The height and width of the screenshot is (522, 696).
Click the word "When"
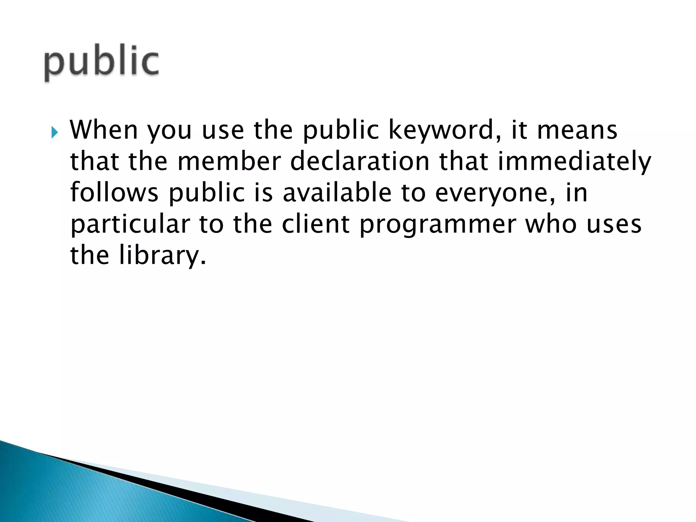[x=104, y=130]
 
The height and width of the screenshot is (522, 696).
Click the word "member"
[x=229, y=161]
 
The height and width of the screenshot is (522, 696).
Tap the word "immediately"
[x=574, y=162]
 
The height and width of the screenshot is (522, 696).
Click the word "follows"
[x=114, y=193]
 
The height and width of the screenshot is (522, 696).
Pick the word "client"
[x=316, y=224]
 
